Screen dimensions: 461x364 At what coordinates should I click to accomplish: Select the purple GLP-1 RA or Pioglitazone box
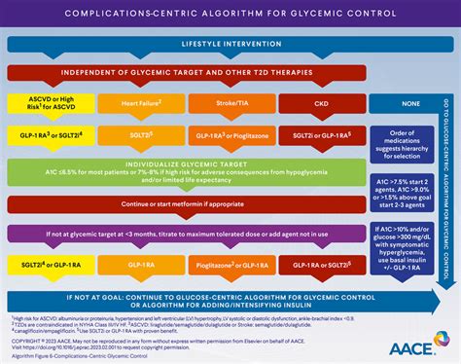228,128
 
